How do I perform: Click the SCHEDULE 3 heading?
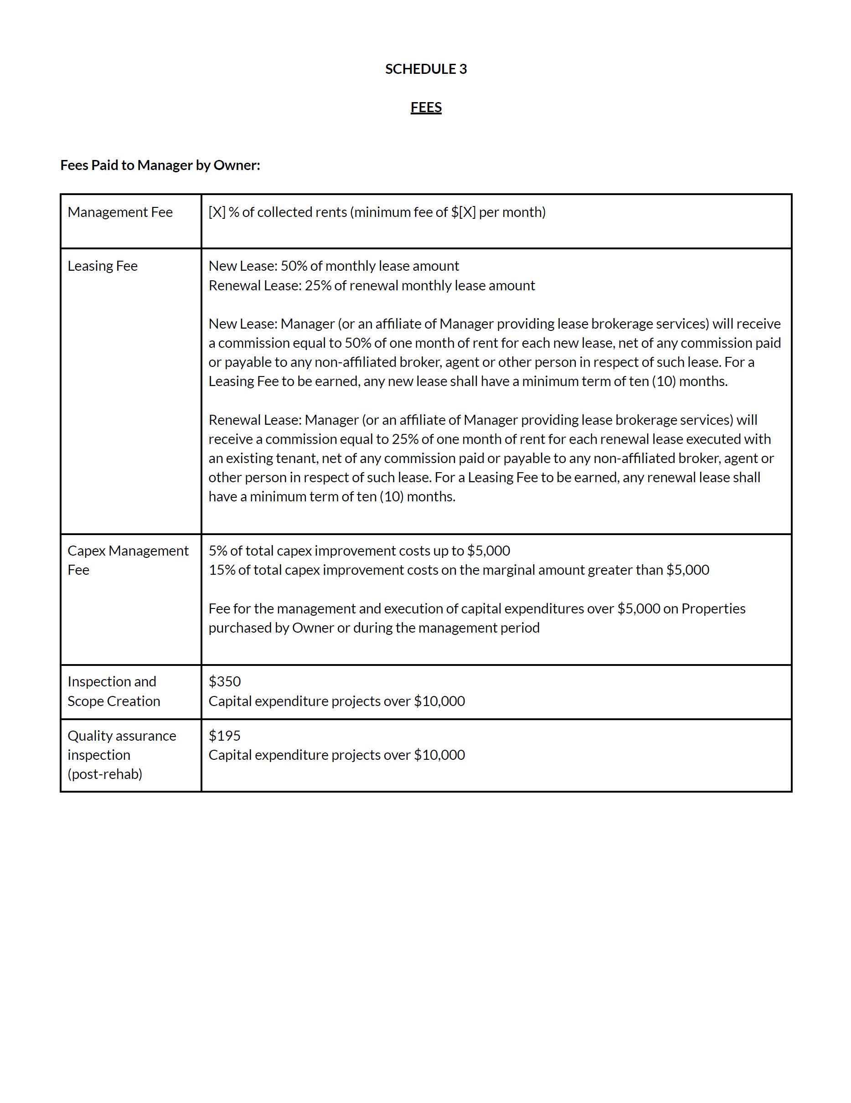(x=426, y=69)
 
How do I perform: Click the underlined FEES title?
(x=426, y=108)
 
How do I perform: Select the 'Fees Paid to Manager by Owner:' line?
(x=160, y=165)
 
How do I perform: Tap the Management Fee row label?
(x=120, y=212)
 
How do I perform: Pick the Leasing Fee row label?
(x=103, y=266)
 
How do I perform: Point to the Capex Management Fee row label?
(x=128, y=560)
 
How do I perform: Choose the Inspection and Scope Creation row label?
(x=113, y=691)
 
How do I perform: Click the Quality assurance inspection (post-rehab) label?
(x=122, y=754)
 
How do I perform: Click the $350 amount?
(x=225, y=681)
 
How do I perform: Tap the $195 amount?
(x=225, y=736)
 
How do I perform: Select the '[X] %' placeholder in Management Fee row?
(x=223, y=212)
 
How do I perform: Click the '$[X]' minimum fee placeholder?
(x=463, y=212)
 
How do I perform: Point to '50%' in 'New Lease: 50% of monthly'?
(x=294, y=266)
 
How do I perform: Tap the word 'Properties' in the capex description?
(x=713, y=608)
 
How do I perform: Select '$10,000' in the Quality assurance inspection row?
(x=439, y=755)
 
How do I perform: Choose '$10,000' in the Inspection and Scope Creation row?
(x=439, y=701)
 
